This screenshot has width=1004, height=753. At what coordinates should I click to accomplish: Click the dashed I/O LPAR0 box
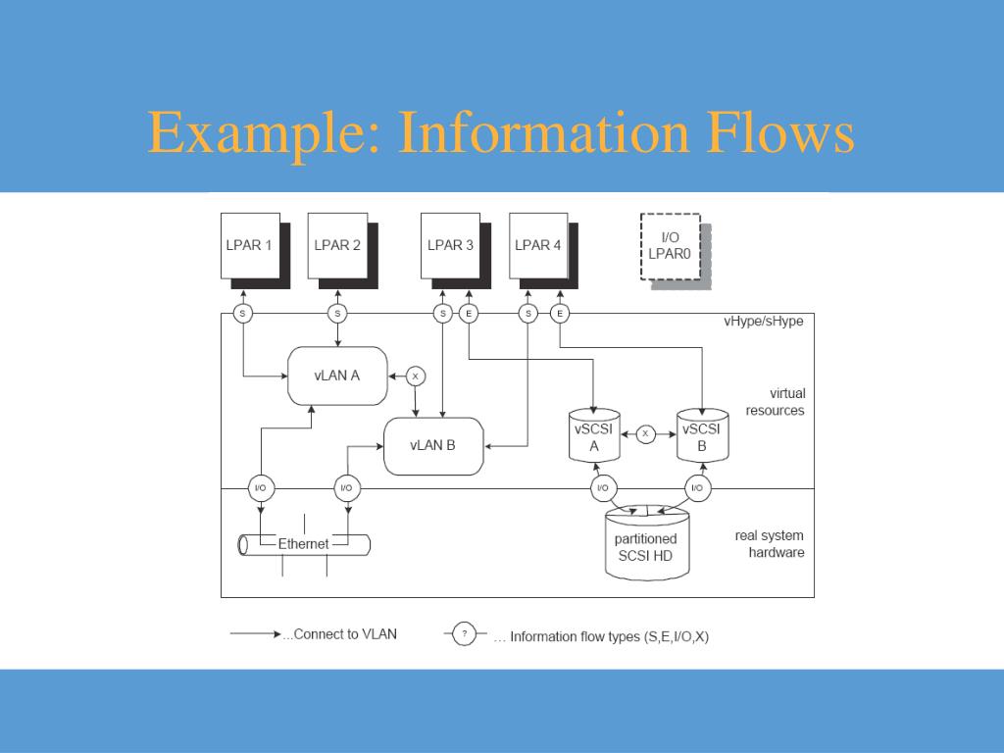(x=671, y=245)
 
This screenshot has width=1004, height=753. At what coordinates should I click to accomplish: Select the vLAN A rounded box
(x=336, y=375)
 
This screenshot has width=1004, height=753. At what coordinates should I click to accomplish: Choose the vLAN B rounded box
(x=432, y=445)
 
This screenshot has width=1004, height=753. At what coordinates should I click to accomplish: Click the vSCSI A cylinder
(x=594, y=437)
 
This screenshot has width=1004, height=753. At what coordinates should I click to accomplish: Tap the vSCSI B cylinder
(x=702, y=437)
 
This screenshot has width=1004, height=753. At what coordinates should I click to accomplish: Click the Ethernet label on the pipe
(x=304, y=544)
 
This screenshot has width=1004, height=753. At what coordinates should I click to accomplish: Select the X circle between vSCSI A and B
(x=645, y=432)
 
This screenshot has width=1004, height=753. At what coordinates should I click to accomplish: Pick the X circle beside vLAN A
(x=415, y=376)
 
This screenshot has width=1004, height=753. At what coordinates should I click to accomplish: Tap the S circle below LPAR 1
(x=243, y=314)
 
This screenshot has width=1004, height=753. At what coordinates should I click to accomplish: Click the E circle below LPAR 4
(x=560, y=314)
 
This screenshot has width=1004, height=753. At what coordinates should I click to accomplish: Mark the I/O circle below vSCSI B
(x=697, y=488)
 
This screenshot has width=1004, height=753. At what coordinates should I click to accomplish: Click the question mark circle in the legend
(x=464, y=634)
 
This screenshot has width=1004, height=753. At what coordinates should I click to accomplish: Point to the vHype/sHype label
(x=763, y=321)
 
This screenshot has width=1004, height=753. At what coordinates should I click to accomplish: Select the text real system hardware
(x=770, y=544)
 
